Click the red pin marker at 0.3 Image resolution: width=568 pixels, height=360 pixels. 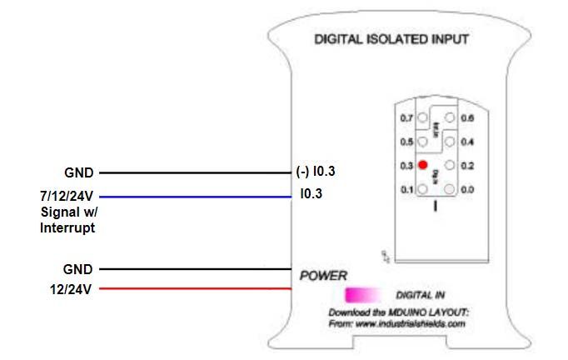423,165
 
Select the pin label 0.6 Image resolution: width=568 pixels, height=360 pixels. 466,119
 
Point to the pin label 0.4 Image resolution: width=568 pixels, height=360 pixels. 466,142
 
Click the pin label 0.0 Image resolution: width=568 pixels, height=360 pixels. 466,189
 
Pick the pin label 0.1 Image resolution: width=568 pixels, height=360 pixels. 407,189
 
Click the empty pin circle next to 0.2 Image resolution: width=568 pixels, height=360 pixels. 451,166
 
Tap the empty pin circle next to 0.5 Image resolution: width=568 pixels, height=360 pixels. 423,142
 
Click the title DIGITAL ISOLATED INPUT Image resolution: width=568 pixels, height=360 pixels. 391,38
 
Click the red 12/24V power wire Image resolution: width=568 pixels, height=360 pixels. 192,289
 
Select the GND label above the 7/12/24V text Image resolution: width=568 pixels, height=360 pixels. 78,173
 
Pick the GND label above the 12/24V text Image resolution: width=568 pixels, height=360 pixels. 78,270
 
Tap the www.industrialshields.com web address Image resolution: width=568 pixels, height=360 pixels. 407,324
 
